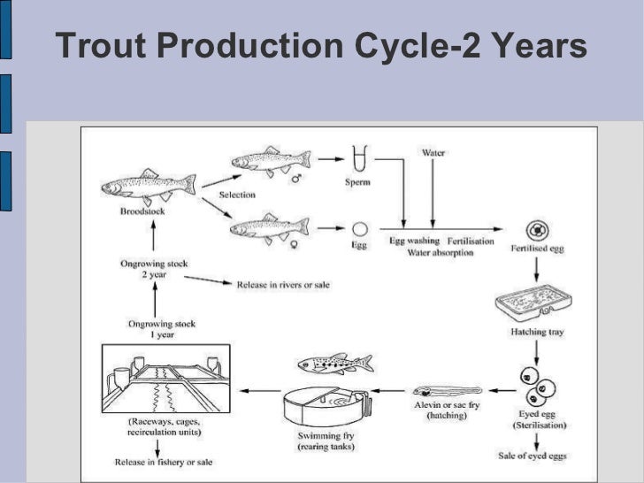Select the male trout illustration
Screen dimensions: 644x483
coord(270,160)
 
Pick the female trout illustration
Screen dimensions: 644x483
coord(269,227)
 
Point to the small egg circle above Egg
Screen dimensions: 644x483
coord(359,228)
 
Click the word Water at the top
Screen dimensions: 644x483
coord(433,152)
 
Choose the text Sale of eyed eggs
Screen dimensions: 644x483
coord(532,455)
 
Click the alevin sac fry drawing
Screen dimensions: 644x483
coord(446,389)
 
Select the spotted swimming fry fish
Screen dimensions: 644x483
coord(334,363)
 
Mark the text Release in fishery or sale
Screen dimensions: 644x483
coord(164,462)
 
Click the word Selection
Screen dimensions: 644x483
coord(237,195)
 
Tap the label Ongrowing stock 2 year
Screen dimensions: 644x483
coord(156,268)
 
